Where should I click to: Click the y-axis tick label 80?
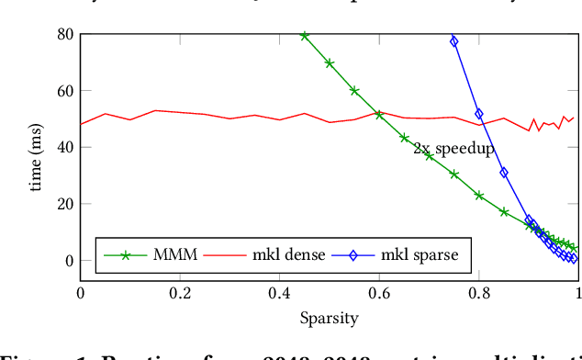pyautogui.click(x=64, y=34)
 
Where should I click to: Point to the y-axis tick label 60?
pyautogui.click(x=64, y=91)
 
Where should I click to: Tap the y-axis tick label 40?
pyautogui.click(x=64, y=147)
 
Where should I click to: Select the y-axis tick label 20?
pyautogui.click(x=64, y=204)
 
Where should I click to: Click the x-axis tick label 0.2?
pyautogui.click(x=180, y=293)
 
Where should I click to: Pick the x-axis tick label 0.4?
pyautogui.click(x=280, y=293)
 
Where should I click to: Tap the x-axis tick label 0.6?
pyautogui.click(x=379, y=293)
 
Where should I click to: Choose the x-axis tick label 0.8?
pyautogui.click(x=479, y=293)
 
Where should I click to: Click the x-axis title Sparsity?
pyautogui.click(x=329, y=319)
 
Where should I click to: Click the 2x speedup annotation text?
pyautogui.click(x=453, y=148)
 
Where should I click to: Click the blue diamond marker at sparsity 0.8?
pyautogui.click(x=479, y=114)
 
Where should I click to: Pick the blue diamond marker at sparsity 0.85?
pyautogui.click(x=504, y=173)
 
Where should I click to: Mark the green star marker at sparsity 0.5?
pyautogui.click(x=330, y=63)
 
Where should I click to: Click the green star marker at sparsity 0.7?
pyautogui.click(x=429, y=155)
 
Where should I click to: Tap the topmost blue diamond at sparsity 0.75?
pyautogui.click(x=453, y=41)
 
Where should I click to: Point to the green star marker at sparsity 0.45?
pyautogui.click(x=305, y=36)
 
